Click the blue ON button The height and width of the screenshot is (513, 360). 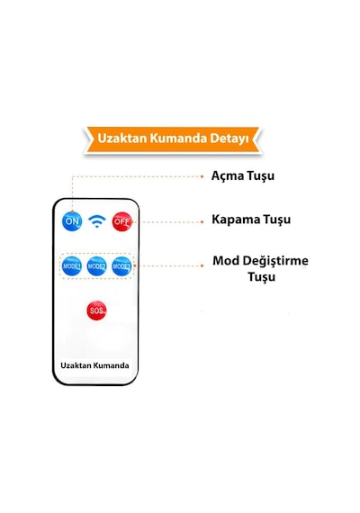[72, 221]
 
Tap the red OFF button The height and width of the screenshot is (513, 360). [121, 221]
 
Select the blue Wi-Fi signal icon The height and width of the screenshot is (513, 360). [97, 221]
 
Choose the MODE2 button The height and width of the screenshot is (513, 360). [97, 266]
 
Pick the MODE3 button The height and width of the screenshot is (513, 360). [121, 266]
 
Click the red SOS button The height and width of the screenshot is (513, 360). [96, 310]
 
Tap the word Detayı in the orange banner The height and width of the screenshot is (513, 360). [229, 139]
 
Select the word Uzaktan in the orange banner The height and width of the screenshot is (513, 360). [122, 138]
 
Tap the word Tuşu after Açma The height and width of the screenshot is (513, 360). [260, 175]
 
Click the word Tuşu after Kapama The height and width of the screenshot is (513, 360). [277, 220]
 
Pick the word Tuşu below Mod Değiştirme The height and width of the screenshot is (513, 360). [262, 277]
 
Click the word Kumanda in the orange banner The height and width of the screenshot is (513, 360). [178, 138]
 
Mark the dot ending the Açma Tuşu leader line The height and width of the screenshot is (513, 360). [202, 176]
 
